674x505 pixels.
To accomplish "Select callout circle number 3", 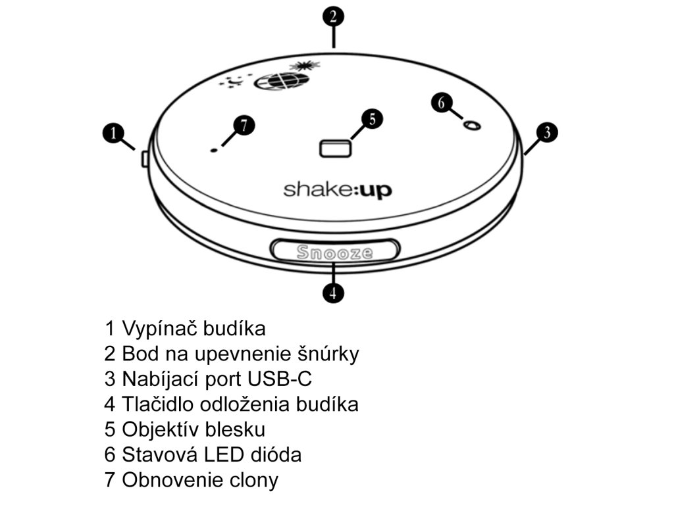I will coord(546,132).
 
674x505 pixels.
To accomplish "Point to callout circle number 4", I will coord(334,292).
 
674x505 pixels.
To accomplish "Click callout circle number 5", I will coord(372,119).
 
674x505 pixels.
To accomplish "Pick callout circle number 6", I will coord(442,103).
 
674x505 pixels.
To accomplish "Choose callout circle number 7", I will coord(244,126).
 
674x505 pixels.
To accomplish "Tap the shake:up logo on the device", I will coord(338,190).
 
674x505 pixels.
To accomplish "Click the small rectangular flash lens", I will coord(335,149).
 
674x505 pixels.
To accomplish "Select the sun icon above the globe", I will coord(304,64).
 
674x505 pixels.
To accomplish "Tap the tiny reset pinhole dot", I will coord(213,151).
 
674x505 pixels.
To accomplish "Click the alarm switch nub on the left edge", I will coord(144,158).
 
